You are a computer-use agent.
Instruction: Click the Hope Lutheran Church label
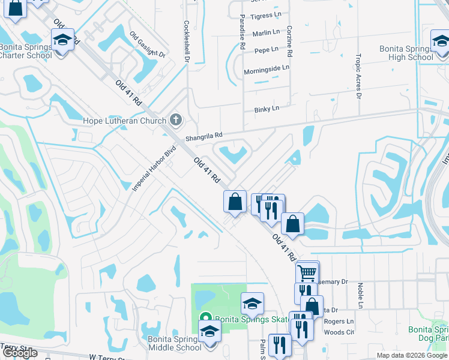coord(124,121)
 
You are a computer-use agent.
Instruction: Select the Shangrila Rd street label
coord(203,135)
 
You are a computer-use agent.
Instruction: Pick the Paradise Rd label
coord(242,32)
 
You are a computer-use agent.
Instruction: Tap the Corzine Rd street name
coord(289,41)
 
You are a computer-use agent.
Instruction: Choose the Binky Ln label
coord(266,109)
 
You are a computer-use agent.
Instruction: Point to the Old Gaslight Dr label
coord(146,44)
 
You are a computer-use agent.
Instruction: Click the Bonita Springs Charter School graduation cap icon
coord(62,40)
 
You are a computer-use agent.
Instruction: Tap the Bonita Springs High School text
coord(406,53)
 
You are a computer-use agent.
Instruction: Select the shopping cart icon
coord(307,273)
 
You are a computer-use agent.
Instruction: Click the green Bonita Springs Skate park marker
coord(205,319)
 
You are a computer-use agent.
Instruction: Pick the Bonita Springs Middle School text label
coord(175,343)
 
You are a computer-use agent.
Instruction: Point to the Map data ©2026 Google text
coord(412,355)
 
